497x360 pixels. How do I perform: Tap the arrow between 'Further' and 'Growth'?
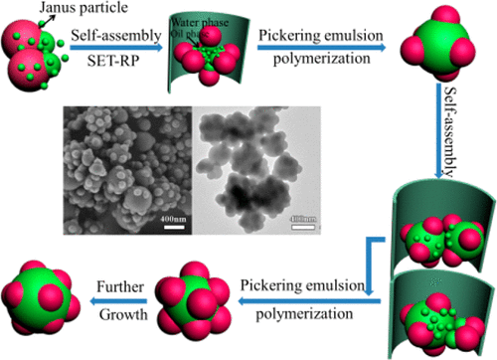point(115,307)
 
